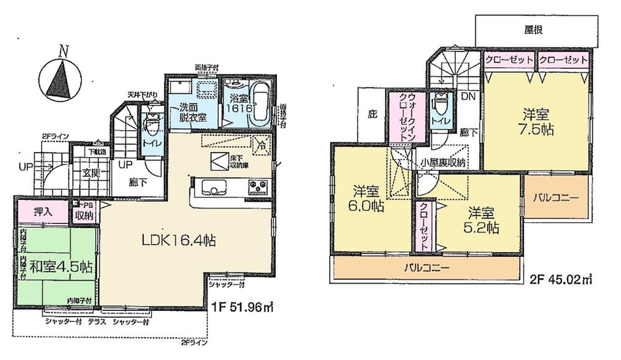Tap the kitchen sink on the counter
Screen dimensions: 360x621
pos(212,185)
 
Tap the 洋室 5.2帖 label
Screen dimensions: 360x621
pos(484,220)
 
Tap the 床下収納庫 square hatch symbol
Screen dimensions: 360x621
pos(219,160)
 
